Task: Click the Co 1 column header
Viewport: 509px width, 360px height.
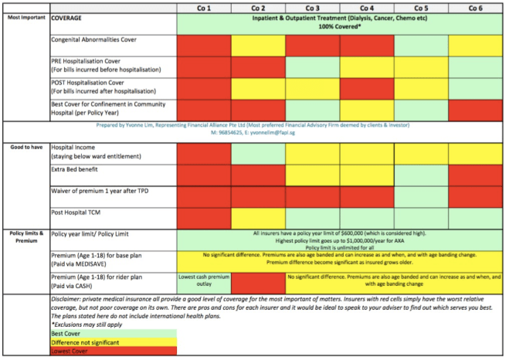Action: point(204,7)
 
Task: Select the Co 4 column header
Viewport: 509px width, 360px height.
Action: point(366,7)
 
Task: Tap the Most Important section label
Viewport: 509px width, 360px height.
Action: point(25,16)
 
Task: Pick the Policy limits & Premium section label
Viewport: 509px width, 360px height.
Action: point(25,236)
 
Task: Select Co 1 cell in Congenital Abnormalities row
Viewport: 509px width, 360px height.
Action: point(204,45)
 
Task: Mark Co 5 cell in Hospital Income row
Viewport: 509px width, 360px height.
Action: point(421,153)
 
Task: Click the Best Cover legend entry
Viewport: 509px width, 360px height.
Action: point(66,333)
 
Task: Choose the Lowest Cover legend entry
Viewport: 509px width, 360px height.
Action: point(70,350)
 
